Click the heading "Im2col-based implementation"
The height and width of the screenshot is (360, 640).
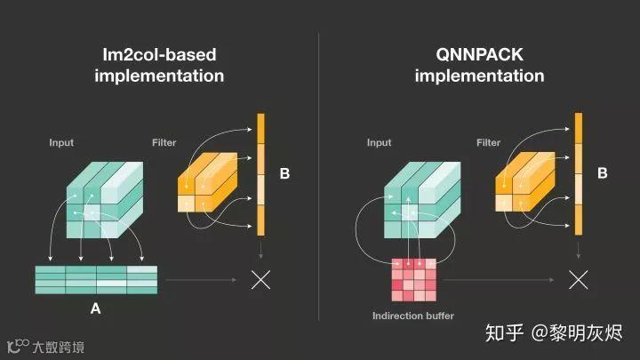159,65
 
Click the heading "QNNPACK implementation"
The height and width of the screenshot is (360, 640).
479,65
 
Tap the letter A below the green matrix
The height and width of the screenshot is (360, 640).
95,309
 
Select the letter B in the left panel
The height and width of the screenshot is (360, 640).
284,173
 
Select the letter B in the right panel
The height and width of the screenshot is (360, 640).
602,173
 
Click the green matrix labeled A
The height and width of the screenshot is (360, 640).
95,279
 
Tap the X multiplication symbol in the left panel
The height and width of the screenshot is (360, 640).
260,279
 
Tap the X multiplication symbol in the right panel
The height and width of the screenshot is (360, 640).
579,279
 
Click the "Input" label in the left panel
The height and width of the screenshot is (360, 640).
61,142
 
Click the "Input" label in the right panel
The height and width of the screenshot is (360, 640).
379,142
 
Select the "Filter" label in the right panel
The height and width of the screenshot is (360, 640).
489,142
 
